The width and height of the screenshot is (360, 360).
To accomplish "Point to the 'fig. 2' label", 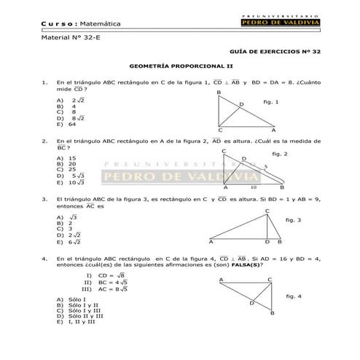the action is click(279, 154).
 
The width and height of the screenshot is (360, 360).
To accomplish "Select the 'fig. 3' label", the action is click(294, 220).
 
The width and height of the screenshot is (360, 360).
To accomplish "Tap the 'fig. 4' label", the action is click(294, 296).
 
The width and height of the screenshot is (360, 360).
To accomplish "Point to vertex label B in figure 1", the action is click(219, 93).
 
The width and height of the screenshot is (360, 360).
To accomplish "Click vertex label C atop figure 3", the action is click(267, 211).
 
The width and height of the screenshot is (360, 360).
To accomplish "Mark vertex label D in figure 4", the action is click(252, 302).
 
